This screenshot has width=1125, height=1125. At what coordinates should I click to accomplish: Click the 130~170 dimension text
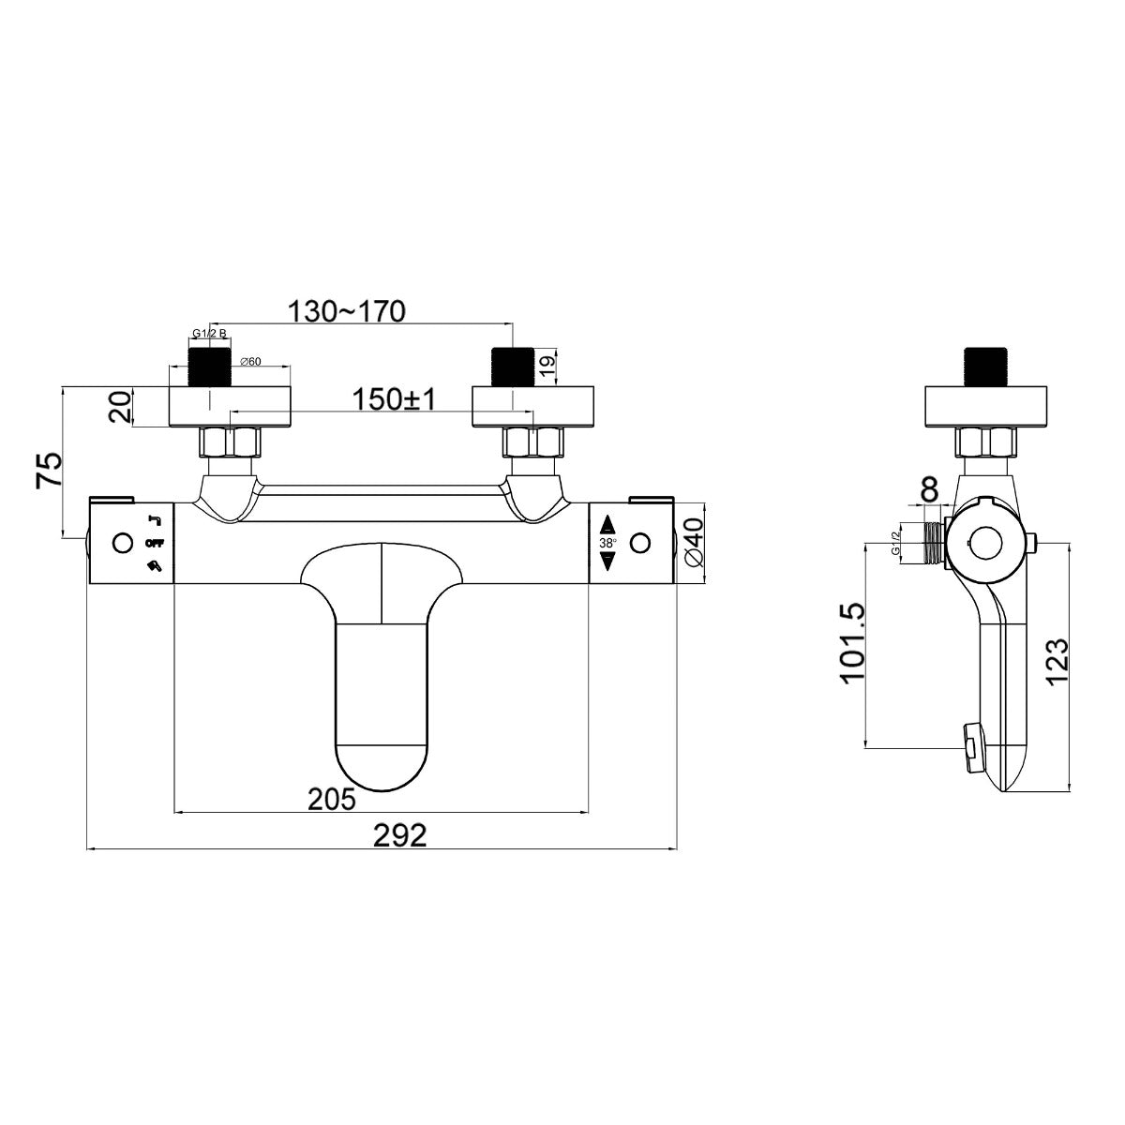[x=346, y=311]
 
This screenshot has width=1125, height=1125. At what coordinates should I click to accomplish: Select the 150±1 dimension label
[x=395, y=399]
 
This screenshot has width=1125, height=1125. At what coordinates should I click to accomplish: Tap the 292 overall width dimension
[x=400, y=834]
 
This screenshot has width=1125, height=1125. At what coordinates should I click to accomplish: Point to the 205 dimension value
[x=332, y=798]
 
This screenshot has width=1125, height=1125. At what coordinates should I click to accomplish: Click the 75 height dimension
[x=49, y=468]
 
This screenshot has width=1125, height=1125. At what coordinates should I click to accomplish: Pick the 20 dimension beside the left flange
[x=119, y=408]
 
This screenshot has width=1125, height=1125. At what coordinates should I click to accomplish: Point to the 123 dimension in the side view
[x=1057, y=663]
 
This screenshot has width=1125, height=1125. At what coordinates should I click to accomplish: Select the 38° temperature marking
[x=607, y=543]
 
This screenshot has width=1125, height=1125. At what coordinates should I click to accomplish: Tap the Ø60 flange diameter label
[x=249, y=361]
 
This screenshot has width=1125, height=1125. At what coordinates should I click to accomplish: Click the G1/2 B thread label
[x=209, y=334]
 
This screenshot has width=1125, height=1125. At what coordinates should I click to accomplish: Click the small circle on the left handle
[x=121, y=543]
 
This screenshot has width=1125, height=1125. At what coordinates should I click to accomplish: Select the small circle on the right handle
[x=641, y=543]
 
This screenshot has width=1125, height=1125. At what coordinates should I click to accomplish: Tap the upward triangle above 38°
[x=607, y=524]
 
